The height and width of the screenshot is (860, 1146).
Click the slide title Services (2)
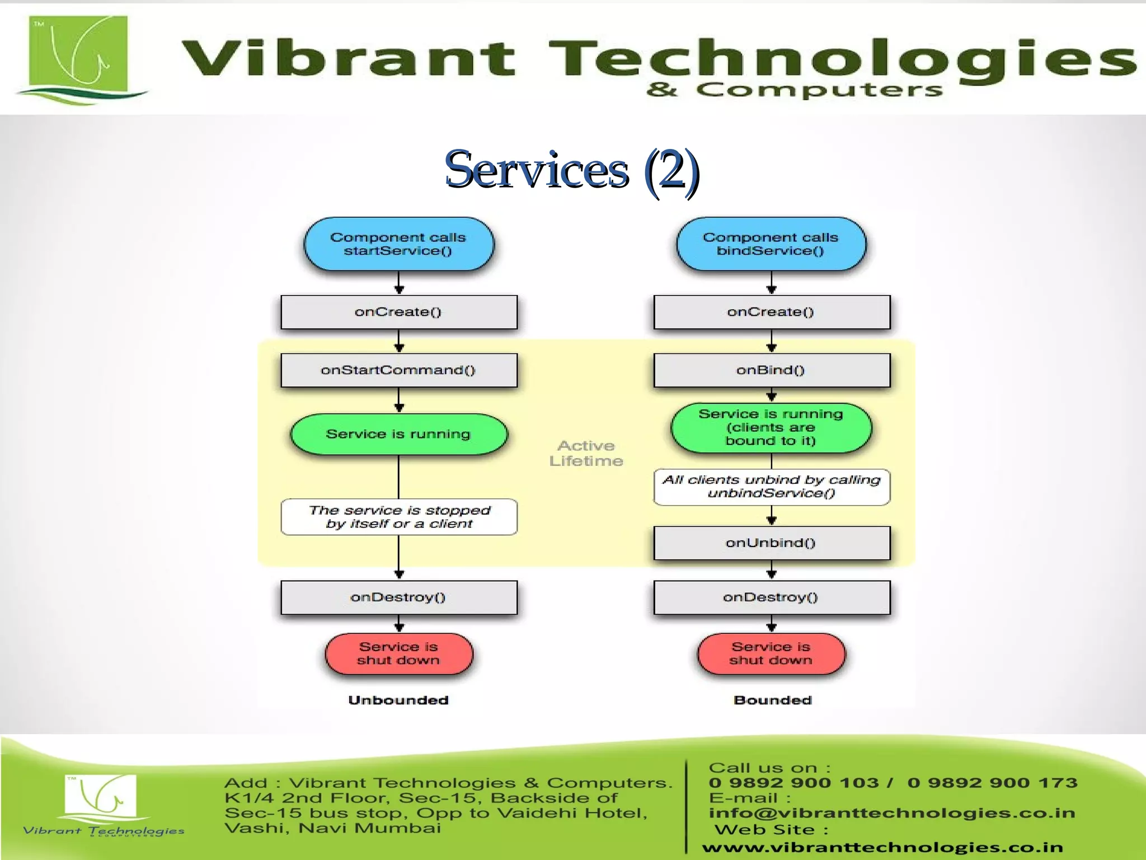tap(571, 170)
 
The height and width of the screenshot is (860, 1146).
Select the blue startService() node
tap(398, 244)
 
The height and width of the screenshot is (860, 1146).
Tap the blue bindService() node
tap(771, 244)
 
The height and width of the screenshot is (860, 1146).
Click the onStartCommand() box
tap(398, 370)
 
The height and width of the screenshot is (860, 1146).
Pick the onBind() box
tap(771, 370)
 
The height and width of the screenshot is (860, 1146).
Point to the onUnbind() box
tap(771, 543)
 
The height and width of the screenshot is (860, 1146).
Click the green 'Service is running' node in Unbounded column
tap(398, 434)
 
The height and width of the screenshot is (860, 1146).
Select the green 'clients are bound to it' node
tap(771, 427)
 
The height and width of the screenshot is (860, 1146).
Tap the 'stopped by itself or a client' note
tap(398, 517)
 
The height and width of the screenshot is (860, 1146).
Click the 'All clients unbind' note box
tap(771, 487)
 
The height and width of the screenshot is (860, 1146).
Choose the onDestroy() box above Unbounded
tap(398, 597)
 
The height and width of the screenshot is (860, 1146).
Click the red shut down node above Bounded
tap(771, 653)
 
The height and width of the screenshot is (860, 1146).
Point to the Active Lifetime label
tap(586, 453)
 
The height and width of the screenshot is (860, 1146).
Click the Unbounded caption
tap(398, 700)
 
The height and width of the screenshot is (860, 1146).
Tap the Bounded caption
tap(773, 700)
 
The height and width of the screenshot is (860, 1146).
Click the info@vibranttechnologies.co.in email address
tap(892, 812)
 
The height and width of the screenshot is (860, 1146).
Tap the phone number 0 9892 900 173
tap(992, 783)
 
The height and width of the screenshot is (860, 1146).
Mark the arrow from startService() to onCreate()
tap(399, 283)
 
